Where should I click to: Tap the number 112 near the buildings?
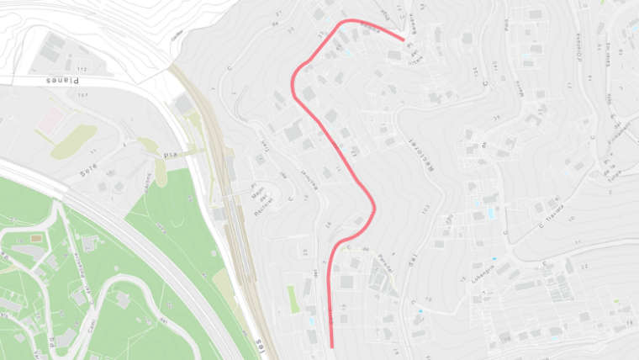coord(82,68)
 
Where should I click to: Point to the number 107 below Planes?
coord(82,94)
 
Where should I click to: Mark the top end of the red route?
coord(404,38)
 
